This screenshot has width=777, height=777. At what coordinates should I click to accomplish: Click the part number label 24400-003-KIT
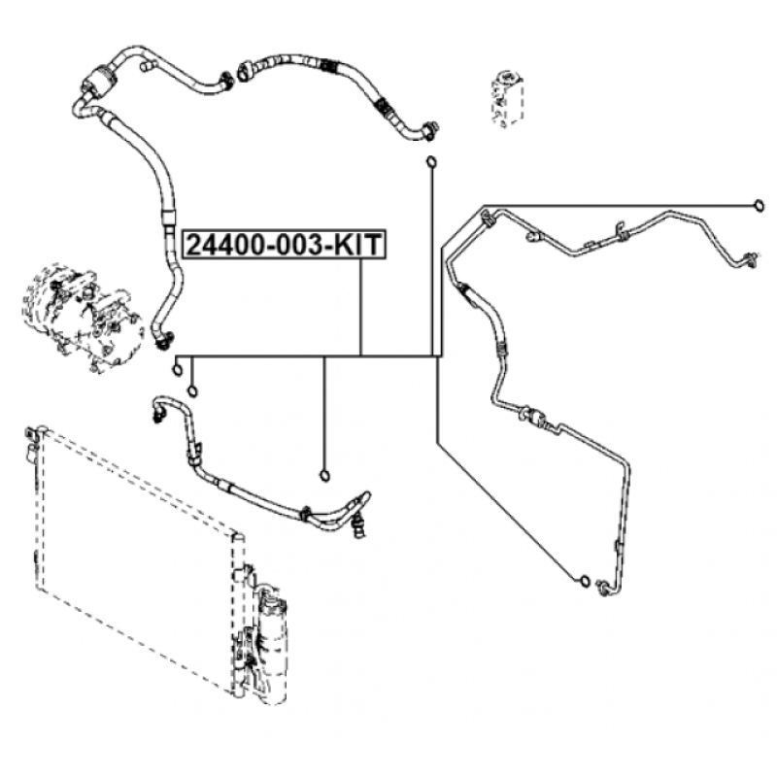285,244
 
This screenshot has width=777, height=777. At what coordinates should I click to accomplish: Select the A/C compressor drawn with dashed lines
82,318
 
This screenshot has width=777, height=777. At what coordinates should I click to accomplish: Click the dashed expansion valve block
507,99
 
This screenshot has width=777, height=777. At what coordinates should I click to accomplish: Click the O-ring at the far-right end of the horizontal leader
759,205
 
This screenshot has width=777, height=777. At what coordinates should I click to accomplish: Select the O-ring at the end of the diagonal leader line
585,580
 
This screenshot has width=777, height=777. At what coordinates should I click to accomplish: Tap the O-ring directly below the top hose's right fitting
431,161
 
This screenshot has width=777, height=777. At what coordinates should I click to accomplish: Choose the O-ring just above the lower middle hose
324,476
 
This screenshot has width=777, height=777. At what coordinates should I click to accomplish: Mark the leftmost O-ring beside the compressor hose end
178,370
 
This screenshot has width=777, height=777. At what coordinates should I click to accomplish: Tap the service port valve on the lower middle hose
357,526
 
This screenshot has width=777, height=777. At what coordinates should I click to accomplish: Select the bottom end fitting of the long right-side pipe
605,588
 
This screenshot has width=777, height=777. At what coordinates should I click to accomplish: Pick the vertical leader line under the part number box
361,307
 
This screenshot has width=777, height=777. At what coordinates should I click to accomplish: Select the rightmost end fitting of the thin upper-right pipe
748,258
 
